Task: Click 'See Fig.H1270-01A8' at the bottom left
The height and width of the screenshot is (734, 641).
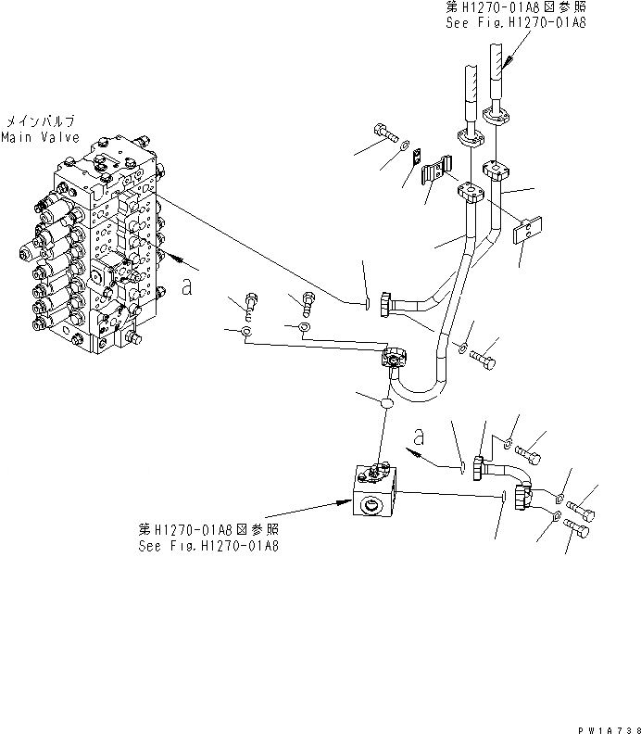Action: pos(209,545)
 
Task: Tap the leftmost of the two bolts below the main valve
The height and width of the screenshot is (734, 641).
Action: pos(250,302)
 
